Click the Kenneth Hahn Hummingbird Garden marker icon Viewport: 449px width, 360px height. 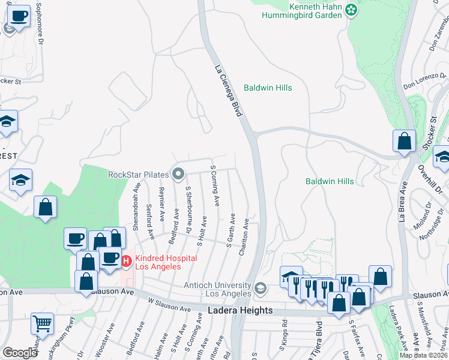pyautogui.click(x=352, y=10)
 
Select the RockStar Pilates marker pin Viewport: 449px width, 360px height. pyautogui.click(x=178, y=175)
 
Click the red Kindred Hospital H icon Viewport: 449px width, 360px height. pyautogui.click(x=127, y=261)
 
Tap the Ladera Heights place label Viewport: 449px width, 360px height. pyautogui.click(x=240, y=310)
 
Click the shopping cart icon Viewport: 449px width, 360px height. pyautogui.click(x=42, y=324)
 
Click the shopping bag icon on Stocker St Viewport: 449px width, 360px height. pyautogui.click(x=405, y=142)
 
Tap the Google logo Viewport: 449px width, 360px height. pyautogui.click(x=20, y=352)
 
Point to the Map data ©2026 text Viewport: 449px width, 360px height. pyautogui.click(x=424, y=355)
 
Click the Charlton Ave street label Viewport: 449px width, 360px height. pyautogui.click(x=245, y=237)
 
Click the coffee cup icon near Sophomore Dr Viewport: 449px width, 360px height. pyautogui.click(x=19, y=16)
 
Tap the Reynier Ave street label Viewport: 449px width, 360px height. pyautogui.click(x=162, y=202)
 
